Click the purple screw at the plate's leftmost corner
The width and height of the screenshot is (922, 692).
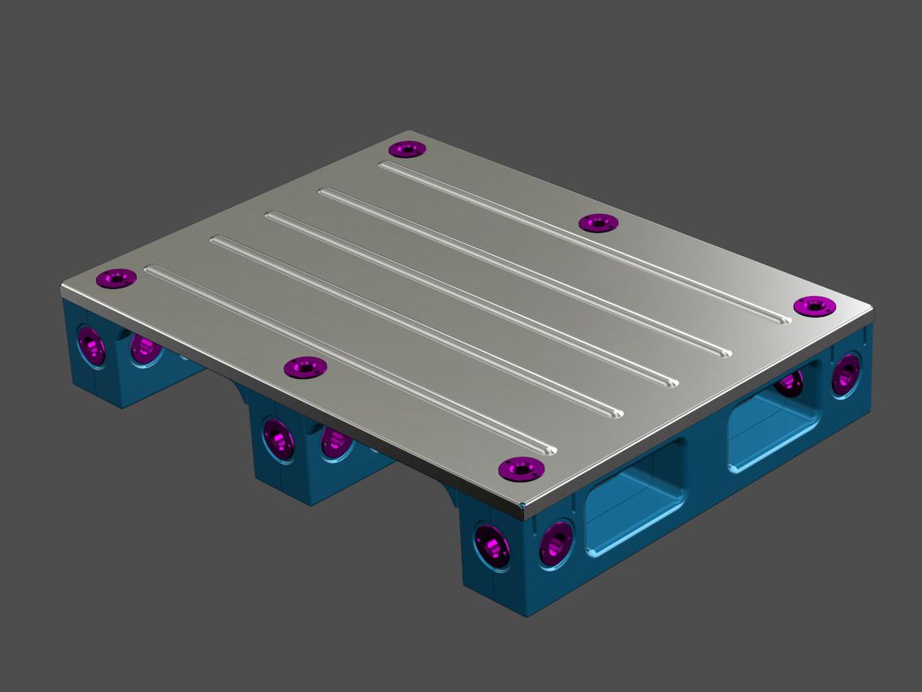coord(116,279)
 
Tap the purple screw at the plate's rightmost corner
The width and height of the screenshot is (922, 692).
coord(813,305)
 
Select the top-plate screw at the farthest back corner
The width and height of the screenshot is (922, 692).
coord(407,149)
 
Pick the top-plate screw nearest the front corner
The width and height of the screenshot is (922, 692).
coord(520,468)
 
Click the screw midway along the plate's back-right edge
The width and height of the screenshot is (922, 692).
coord(598,222)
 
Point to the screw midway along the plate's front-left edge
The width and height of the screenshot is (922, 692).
coord(305,368)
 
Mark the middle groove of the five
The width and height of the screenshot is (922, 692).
coord(470,299)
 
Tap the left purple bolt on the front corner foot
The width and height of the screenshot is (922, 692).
coord(492,545)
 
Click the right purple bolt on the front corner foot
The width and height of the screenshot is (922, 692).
coord(557,540)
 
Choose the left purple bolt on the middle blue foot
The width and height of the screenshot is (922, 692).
coord(279,438)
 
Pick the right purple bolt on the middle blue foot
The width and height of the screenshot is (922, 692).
coord(335,442)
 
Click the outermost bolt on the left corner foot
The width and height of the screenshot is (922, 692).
coord(91,347)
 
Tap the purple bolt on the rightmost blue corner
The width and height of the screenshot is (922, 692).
coord(847,373)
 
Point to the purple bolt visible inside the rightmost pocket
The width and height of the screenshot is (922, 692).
coord(791,382)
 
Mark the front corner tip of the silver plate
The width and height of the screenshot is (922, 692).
coord(523,509)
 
